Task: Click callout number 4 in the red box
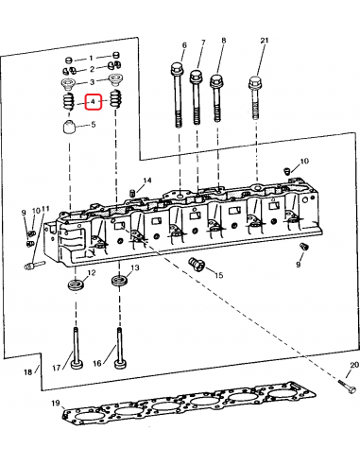93,102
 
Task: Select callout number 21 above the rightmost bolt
264,40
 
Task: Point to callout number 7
201,43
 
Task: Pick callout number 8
224,41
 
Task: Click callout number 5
93,125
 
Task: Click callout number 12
92,274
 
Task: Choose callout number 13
134,268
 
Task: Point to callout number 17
56,367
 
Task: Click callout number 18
28,373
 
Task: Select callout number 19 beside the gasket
56,405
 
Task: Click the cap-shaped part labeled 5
70,129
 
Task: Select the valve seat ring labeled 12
73,284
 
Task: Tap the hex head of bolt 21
255,83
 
